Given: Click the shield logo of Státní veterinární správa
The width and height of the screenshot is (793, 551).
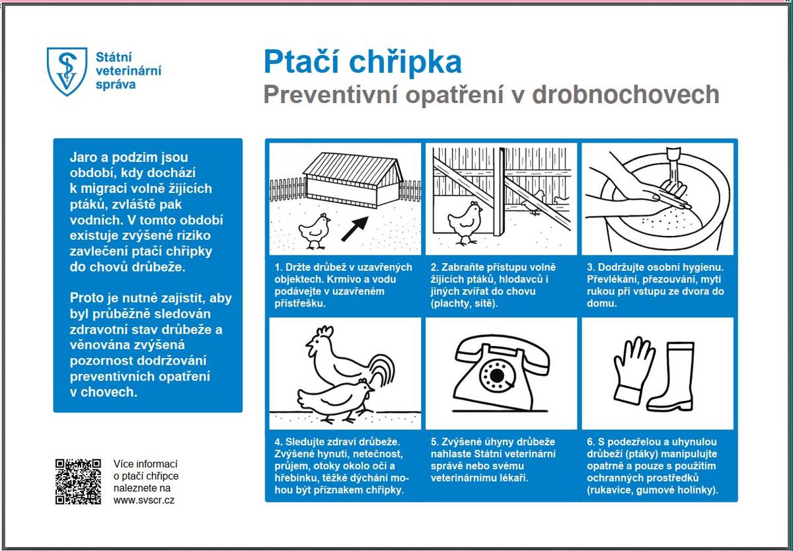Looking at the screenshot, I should (x=66, y=71).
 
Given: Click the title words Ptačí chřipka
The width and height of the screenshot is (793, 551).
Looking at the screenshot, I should (x=362, y=62).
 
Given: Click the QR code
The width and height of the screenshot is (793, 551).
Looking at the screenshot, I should (x=78, y=482).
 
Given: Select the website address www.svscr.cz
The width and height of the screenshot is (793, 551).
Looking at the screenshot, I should (x=144, y=500).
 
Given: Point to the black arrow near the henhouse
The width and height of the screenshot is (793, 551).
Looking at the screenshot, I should (x=355, y=226).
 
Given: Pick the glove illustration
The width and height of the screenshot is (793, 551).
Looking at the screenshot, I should (x=632, y=368).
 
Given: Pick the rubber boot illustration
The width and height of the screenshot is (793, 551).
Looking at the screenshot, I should (x=673, y=376).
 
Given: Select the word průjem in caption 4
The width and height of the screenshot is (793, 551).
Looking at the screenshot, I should (x=290, y=466).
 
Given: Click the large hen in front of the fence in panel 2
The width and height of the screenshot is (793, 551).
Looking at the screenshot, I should (x=465, y=221).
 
